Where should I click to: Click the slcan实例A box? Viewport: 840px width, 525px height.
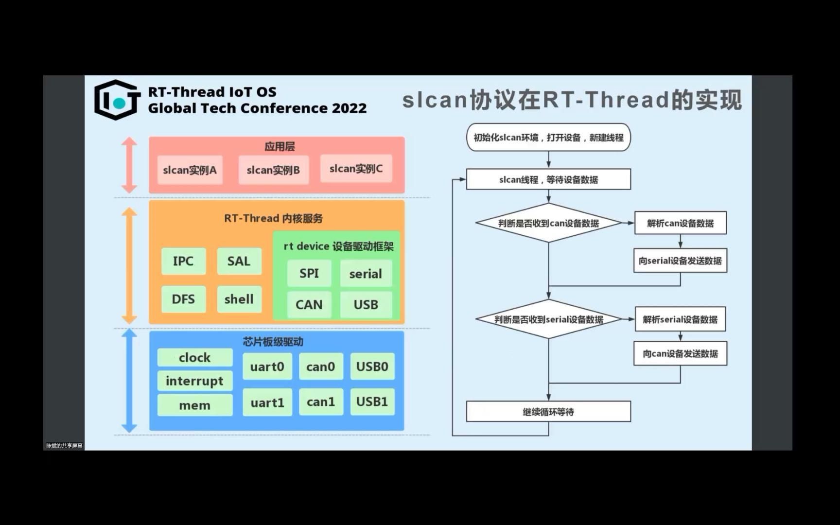click(x=190, y=170)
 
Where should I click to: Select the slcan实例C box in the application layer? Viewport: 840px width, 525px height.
click(x=356, y=169)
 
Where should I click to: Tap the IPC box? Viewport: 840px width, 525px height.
click(x=183, y=261)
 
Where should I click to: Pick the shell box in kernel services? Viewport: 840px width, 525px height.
click(x=239, y=299)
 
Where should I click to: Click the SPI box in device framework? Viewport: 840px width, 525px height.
click(x=309, y=274)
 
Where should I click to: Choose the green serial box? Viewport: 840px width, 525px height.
click(x=366, y=274)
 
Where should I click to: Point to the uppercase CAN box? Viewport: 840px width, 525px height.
click(x=309, y=305)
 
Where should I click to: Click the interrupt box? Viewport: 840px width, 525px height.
click(x=194, y=381)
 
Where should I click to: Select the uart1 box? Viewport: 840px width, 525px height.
click(x=267, y=402)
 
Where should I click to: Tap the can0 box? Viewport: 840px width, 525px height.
click(x=321, y=367)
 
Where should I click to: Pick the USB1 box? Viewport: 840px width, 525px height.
click(x=372, y=402)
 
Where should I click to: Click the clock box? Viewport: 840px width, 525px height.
click(x=194, y=358)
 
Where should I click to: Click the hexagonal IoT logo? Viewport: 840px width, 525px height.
click(x=118, y=100)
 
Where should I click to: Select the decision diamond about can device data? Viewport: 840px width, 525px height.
click(x=548, y=223)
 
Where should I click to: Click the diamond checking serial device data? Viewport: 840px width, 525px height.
click(x=548, y=319)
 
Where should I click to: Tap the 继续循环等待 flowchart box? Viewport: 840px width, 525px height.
click(x=548, y=412)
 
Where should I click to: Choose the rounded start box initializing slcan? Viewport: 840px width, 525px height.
click(x=548, y=138)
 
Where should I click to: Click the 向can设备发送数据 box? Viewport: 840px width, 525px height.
click(x=680, y=353)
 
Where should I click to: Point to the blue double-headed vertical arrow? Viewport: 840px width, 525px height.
click(x=129, y=381)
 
